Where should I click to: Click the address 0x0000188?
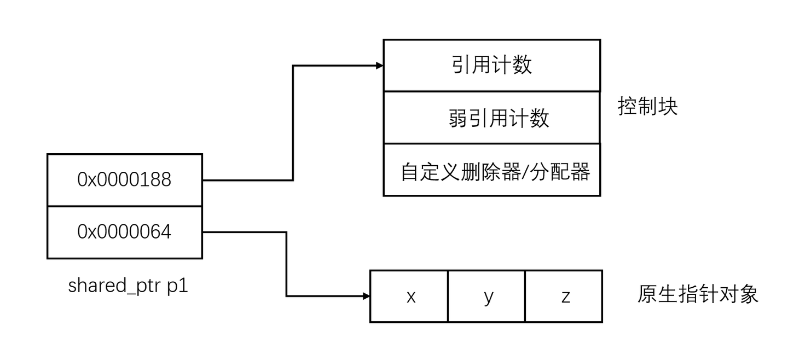[124, 179]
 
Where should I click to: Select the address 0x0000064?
[124, 232]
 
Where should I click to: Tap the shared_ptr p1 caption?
[128, 286]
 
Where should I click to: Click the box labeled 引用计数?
[491, 65]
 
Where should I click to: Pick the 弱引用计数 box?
[491, 118]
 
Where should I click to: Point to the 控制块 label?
[647, 106]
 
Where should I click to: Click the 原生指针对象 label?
[698, 294]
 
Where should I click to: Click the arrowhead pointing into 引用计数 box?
[379, 66]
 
